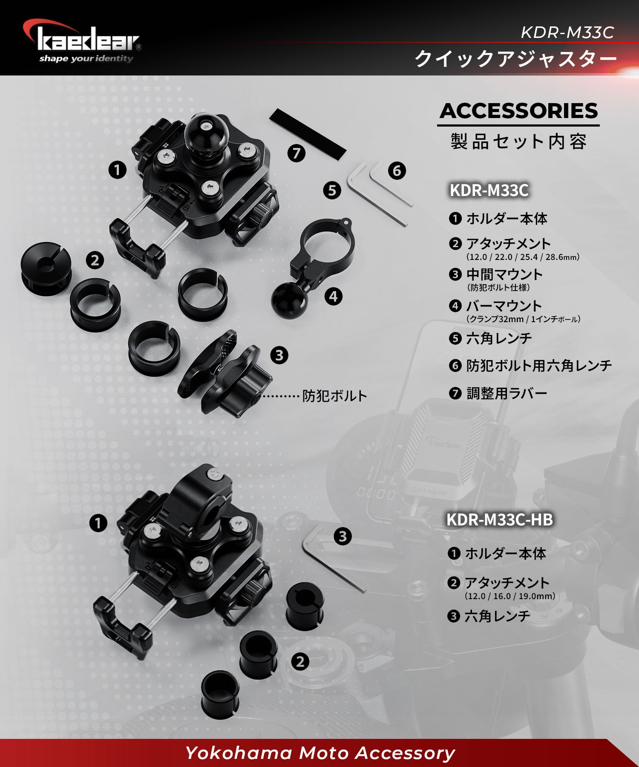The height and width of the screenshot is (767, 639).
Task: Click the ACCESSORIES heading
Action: [518, 111]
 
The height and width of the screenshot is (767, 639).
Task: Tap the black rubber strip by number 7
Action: [308, 134]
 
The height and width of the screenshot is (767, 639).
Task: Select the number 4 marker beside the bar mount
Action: [333, 296]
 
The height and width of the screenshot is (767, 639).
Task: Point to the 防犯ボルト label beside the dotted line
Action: [334, 396]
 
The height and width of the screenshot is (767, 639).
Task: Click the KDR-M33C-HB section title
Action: [499, 519]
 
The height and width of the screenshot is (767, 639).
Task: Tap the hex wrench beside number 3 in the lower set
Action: [332, 558]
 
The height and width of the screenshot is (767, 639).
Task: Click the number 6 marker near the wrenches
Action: [397, 171]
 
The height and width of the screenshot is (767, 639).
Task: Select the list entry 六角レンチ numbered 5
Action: [499, 338]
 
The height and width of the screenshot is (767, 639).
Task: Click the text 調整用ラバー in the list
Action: [507, 393]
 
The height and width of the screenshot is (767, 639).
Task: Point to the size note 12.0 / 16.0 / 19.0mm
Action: [510, 596]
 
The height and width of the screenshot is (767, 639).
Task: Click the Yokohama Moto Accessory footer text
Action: [319, 753]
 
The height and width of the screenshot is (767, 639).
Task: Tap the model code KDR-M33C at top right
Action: [567, 32]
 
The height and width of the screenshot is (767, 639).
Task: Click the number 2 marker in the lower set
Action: [300, 661]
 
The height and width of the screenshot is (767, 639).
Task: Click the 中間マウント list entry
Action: [504, 274]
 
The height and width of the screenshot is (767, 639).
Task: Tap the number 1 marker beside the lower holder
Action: [98, 523]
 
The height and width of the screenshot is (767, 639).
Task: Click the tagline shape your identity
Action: [86, 58]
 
